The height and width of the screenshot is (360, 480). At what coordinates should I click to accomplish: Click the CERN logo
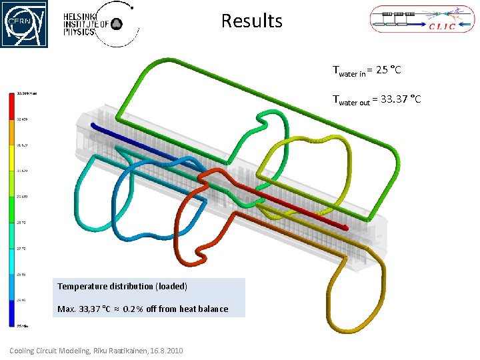[x=24, y=23]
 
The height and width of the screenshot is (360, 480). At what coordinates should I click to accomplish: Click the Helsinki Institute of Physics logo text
[x=86, y=25]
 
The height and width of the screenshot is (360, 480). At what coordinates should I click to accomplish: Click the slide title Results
[x=251, y=21]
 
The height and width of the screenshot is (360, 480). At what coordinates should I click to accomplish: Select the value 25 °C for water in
[x=389, y=69]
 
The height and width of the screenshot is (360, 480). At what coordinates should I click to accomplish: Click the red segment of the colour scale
[x=11, y=105]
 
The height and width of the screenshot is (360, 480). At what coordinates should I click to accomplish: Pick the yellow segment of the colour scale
[x=11, y=157]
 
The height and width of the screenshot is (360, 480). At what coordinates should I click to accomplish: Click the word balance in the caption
[x=212, y=309]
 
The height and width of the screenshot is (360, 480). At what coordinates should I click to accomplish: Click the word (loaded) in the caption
[x=171, y=286]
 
